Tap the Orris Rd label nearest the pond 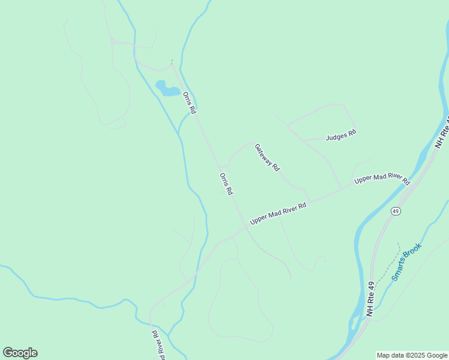point(190,103)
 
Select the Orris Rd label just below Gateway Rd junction point(226,184)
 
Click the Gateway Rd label point(267,158)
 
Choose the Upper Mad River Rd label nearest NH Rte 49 point(382,180)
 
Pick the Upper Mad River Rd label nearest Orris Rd point(278,213)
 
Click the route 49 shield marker point(396,211)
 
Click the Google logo point(20,353)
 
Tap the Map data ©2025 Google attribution point(412,355)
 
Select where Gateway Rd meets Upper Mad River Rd point(310,200)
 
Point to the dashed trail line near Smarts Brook point(393,257)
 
